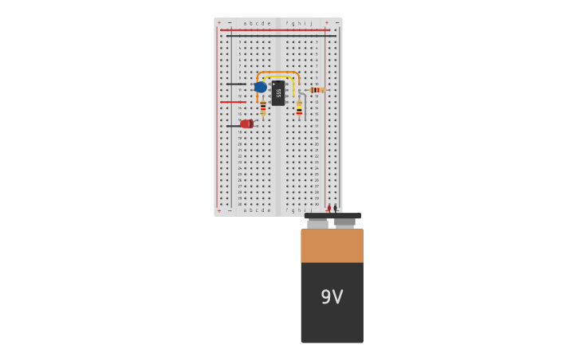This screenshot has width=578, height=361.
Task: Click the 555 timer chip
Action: (277, 92)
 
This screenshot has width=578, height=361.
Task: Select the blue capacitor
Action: (260, 87)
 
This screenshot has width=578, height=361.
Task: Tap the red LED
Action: (246, 124)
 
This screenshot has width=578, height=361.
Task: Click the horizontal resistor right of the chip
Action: (316, 90)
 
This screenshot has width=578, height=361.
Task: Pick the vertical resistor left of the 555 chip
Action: (263, 108)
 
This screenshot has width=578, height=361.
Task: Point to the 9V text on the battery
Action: (332, 297)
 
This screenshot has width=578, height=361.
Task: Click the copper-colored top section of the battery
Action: (332, 245)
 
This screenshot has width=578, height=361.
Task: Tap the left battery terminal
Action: (317, 223)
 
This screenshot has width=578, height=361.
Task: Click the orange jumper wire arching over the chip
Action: (277, 73)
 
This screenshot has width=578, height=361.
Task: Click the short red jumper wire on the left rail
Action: (232, 102)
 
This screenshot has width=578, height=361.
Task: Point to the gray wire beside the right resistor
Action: (305, 108)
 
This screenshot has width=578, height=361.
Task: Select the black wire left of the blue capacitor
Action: (235, 84)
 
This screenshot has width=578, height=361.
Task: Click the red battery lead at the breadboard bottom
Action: (328, 208)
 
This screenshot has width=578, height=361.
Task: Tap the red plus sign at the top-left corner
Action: (219, 22)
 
